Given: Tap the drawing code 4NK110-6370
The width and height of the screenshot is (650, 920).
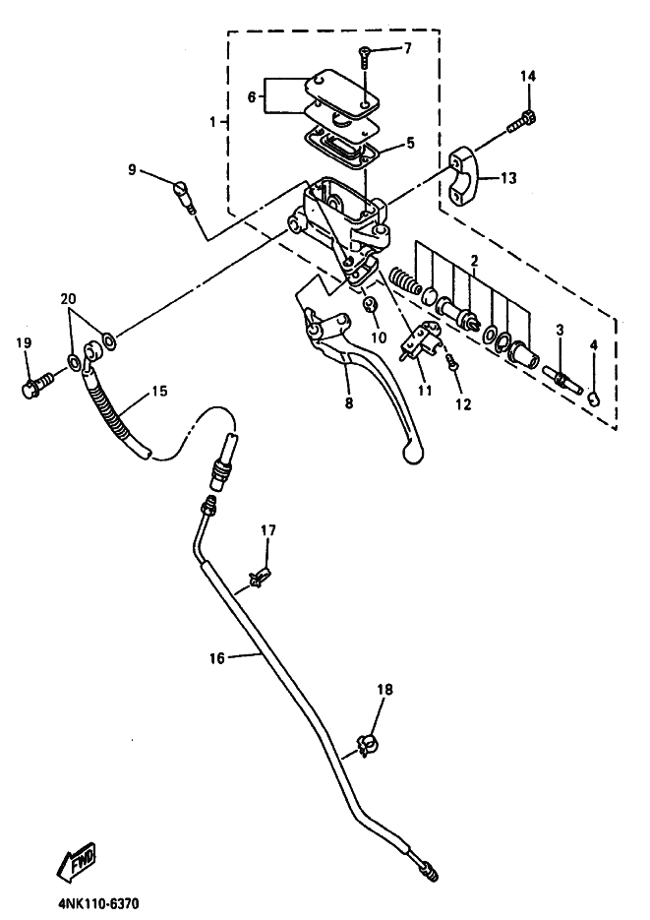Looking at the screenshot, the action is coord(99,903).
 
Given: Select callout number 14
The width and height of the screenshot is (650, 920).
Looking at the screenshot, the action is coord(527,76).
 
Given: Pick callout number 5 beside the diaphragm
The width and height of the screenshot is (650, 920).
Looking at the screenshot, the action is coord(409,143).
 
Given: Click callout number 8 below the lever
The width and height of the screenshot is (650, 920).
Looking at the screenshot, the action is coord(349,403).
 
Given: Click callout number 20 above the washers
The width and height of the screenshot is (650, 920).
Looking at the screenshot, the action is coord(68,299).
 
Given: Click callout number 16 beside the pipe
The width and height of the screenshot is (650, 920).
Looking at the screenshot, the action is coord(217,658).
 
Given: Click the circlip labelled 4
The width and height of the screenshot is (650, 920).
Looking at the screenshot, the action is coord(595,399).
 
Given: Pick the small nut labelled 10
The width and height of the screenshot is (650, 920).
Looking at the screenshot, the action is coord(370,304).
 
